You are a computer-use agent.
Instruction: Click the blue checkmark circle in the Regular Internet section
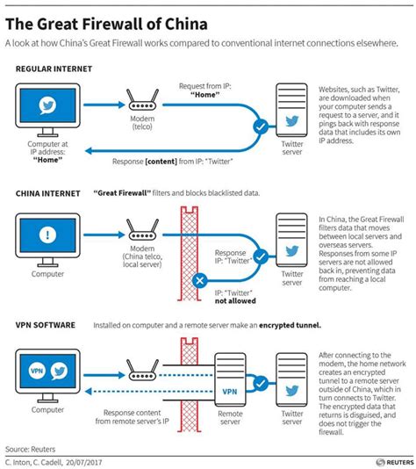[x=259, y=127]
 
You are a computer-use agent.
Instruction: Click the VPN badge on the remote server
[x=230, y=393]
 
